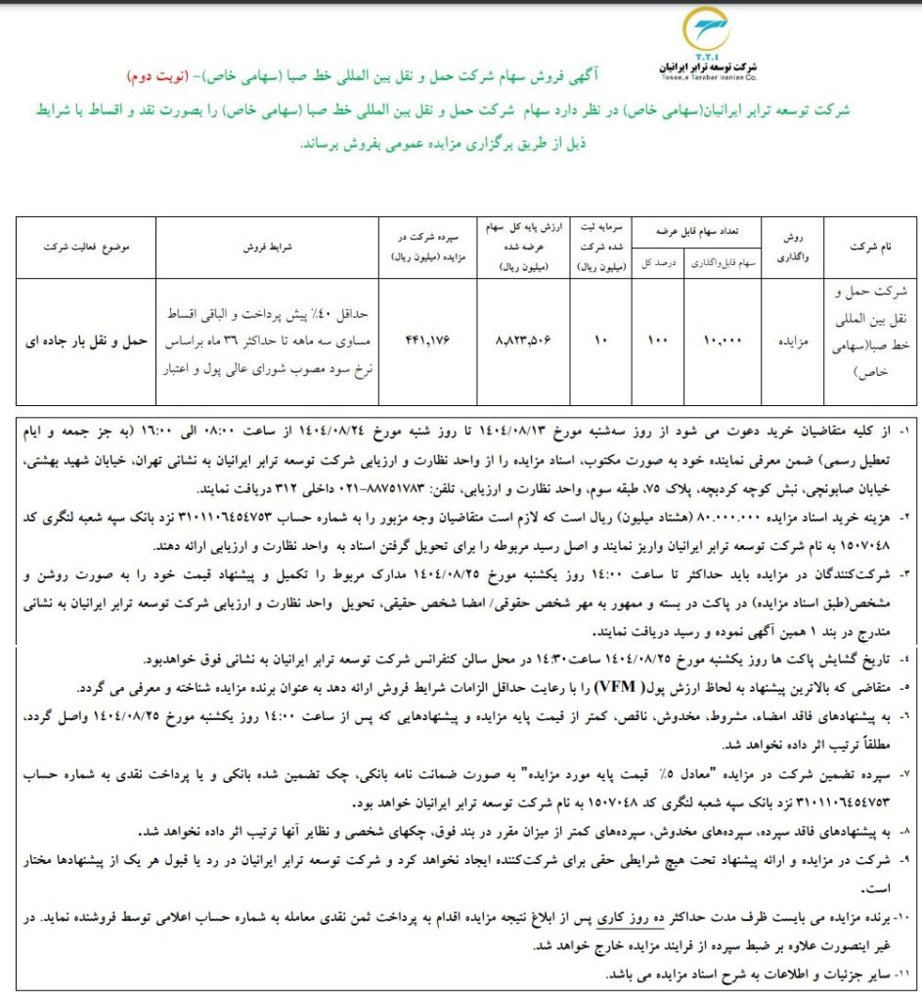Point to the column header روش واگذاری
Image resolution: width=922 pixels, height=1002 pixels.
[x=788, y=249]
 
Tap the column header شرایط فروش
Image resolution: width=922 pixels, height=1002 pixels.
[x=267, y=249]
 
